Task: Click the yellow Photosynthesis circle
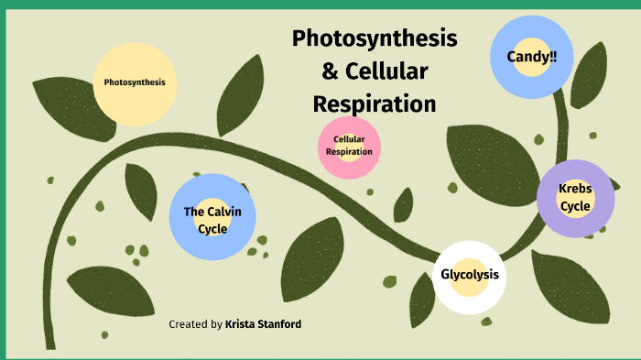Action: point(135,82)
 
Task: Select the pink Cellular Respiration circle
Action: point(349,147)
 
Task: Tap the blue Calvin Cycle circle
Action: point(212,218)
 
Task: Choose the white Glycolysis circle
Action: point(469,276)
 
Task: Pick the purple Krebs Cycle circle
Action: point(575,198)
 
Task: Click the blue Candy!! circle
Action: point(532,58)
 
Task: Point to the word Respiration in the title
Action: point(375,103)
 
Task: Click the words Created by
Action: point(195,324)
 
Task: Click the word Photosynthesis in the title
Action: point(375,38)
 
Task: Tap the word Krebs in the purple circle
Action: point(575,189)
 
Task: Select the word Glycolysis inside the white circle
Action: point(469,275)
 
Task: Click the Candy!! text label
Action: point(532,57)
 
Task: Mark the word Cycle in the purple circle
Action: point(575,206)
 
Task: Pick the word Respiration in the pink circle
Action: point(349,152)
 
